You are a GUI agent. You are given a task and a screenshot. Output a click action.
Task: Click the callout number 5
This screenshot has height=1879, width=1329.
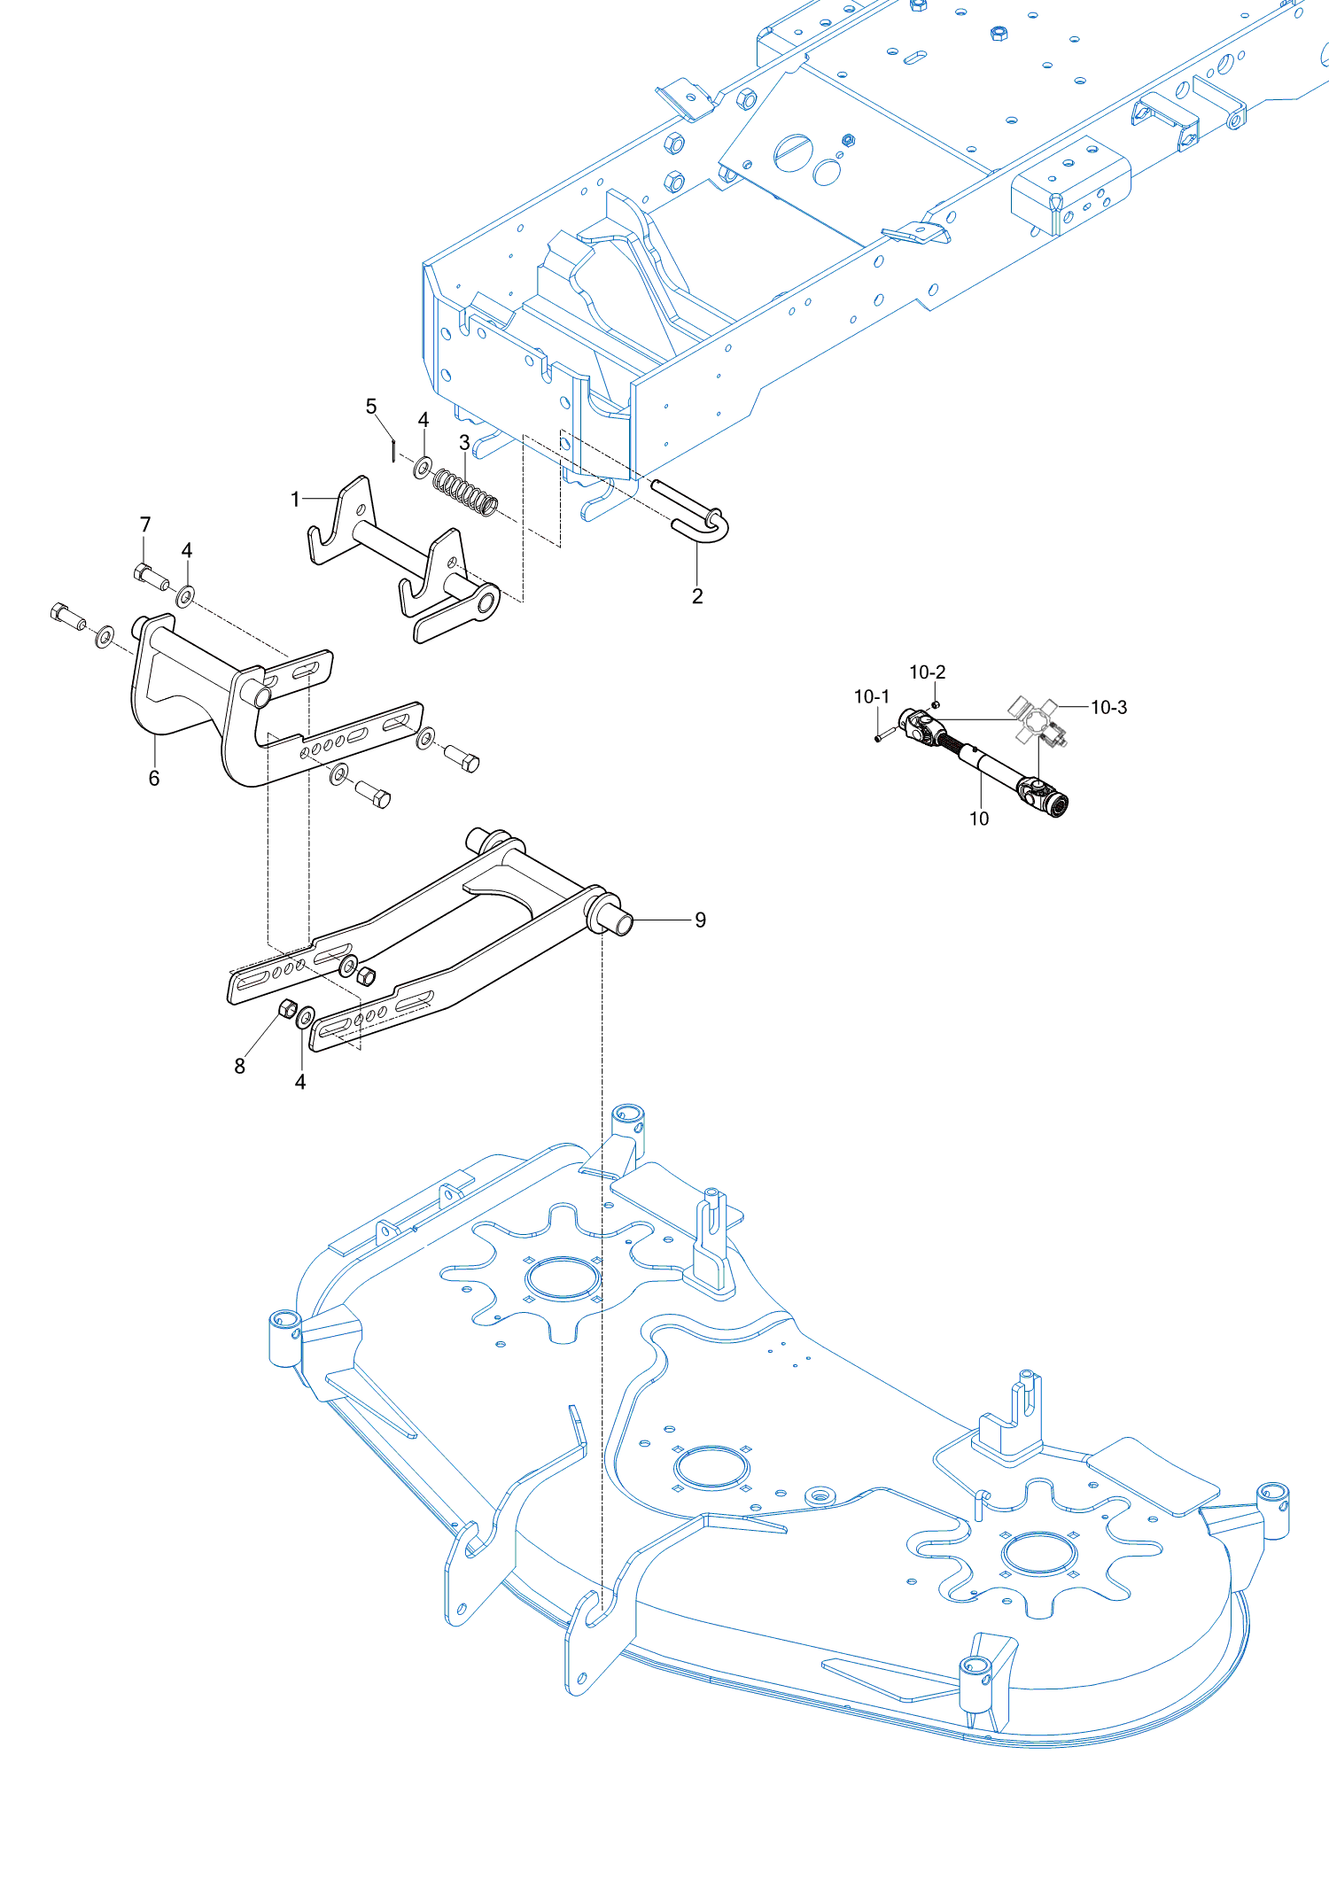[x=371, y=407]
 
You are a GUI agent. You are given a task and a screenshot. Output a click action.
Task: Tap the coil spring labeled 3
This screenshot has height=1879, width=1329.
[x=465, y=492]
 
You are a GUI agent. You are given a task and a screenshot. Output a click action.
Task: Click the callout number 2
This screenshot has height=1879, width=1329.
[x=697, y=596]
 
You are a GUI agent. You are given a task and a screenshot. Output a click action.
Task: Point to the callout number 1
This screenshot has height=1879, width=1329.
[x=296, y=500]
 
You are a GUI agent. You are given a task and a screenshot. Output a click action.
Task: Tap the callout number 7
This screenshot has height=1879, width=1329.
[x=145, y=524]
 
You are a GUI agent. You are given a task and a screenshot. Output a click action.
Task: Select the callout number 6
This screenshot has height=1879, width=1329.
[x=154, y=778]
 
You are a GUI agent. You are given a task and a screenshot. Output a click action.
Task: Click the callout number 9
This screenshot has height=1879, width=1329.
[x=700, y=920]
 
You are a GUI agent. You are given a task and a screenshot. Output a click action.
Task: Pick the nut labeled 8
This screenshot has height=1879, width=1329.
[x=287, y=1008]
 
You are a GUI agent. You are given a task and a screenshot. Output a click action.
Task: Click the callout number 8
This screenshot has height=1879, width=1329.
[x=239, y=1067]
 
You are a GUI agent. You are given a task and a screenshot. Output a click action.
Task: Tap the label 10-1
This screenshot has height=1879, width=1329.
[x=871, y=697]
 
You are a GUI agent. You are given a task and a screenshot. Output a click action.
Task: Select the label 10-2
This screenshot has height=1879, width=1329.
[x=927, y=672]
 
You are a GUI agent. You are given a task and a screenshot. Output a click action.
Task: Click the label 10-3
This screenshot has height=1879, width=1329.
[x=1108, y=707]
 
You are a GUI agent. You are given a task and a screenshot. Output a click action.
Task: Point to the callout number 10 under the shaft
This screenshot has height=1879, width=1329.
[x=979, y=819]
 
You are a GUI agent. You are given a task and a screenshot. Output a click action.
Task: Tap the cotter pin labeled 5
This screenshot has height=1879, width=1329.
[x=392, y=451]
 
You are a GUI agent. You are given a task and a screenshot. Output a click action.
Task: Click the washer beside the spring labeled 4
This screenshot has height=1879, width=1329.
[x=424, y=466]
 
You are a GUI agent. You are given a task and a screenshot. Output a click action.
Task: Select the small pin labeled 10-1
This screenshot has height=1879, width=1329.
[x=879, y=736]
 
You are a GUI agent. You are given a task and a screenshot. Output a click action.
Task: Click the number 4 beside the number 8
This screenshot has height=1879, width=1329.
[x=300, y=1082]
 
